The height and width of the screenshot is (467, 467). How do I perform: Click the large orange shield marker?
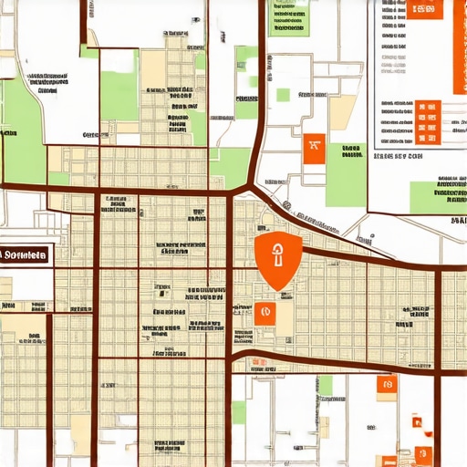[275, 259]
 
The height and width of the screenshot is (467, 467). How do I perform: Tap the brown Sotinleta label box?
[25, 255]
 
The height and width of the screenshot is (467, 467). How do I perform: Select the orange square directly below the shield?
[264, 313]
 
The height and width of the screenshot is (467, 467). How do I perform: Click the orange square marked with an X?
[314, 147]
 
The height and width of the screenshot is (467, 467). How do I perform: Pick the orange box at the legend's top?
[422, 10]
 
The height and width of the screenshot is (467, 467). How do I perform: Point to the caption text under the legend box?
[399, 157]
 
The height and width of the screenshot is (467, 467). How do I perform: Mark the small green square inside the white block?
[283, 95]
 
